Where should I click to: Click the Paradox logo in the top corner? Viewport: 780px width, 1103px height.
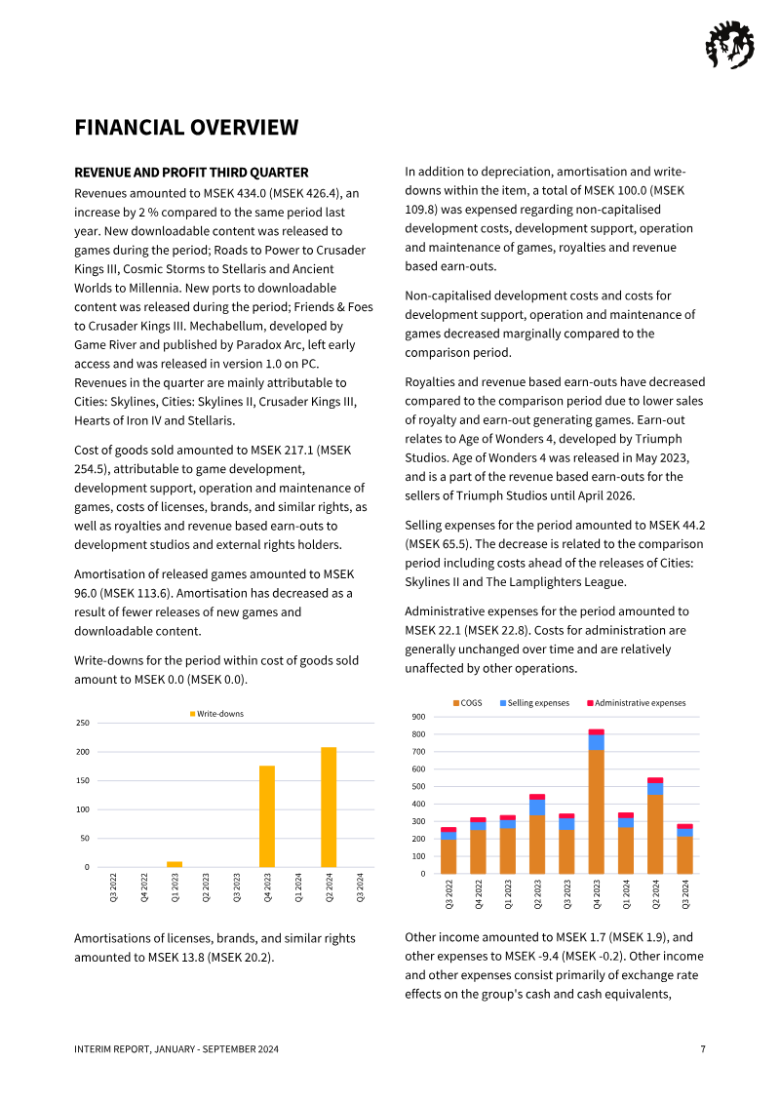coord(728,45)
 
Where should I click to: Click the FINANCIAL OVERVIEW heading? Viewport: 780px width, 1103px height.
coord(186,128)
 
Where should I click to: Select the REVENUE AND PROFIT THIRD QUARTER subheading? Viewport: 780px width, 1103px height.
coord(191,173)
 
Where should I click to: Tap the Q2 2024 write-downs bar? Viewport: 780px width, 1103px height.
coord(329,808)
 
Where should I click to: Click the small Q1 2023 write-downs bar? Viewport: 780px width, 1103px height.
coord(175,864)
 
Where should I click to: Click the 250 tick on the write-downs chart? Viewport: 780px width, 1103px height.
coord(83,723)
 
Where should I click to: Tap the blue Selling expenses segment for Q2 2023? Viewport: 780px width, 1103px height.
coord(537,807)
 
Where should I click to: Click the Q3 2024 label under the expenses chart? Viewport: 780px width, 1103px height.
coord(685,893)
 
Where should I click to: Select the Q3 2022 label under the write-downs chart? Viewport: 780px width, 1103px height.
coord(114,887)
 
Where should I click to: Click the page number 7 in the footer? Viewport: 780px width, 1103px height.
coord(703,1049)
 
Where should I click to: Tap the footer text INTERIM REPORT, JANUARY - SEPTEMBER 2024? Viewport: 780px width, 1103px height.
coord(176,1049)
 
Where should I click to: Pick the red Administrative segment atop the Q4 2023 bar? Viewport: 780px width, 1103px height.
coord(596,731)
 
